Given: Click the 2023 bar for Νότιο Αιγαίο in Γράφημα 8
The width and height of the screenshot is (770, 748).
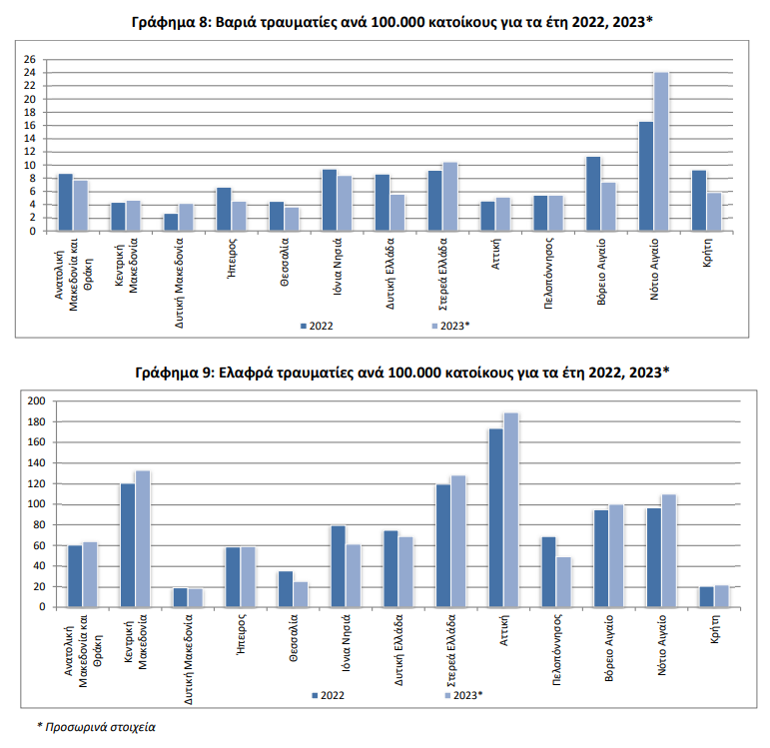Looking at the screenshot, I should tap(661, 152).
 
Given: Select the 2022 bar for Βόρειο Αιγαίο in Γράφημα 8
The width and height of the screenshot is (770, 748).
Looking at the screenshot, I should tap(593, 194).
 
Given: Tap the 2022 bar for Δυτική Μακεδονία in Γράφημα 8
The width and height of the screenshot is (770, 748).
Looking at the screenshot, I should tap(172, 222).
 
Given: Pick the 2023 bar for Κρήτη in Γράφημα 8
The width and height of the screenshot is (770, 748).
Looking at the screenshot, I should tap(714, 212).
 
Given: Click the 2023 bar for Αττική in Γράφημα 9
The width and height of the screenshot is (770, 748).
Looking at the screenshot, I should tap(511, 509).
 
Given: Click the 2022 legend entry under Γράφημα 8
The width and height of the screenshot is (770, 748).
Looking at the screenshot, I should tap(318, 327).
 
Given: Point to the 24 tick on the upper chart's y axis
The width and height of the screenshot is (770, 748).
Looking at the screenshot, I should tap(30, 73).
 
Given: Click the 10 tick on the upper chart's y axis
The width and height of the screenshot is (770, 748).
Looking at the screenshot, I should tap(30, 165).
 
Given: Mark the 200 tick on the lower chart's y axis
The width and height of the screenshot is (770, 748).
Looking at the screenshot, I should tap(37, 401).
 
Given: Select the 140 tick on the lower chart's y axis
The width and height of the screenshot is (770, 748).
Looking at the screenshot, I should tap(37, 463).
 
